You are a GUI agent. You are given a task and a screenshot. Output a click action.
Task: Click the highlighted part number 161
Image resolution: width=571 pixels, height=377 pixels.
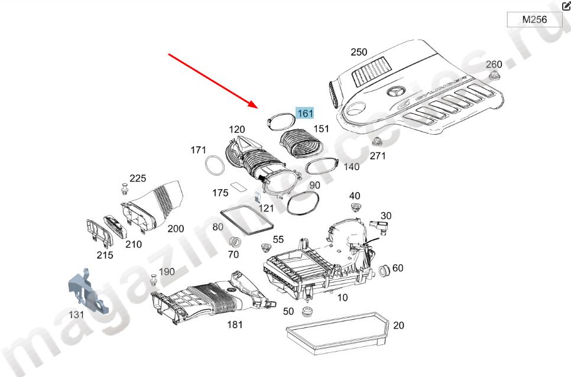coord(305,113)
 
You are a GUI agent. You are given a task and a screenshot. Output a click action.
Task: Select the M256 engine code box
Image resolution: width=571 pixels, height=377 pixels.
coord(534,19)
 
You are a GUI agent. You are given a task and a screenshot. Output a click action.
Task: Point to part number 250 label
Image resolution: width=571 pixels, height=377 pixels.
coord(359,52)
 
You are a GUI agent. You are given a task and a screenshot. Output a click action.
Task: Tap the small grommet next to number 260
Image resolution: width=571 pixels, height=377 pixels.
coord(494,76)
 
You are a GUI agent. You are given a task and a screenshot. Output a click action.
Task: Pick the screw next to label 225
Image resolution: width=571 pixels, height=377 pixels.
coord(125,189)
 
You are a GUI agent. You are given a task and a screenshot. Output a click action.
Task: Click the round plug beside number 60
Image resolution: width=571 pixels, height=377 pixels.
coord(382,271)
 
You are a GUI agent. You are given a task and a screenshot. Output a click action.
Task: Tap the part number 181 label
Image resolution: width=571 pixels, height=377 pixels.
coord(235,324)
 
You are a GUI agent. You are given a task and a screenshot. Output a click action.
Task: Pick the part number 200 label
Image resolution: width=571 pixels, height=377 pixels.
coord(175,229)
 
